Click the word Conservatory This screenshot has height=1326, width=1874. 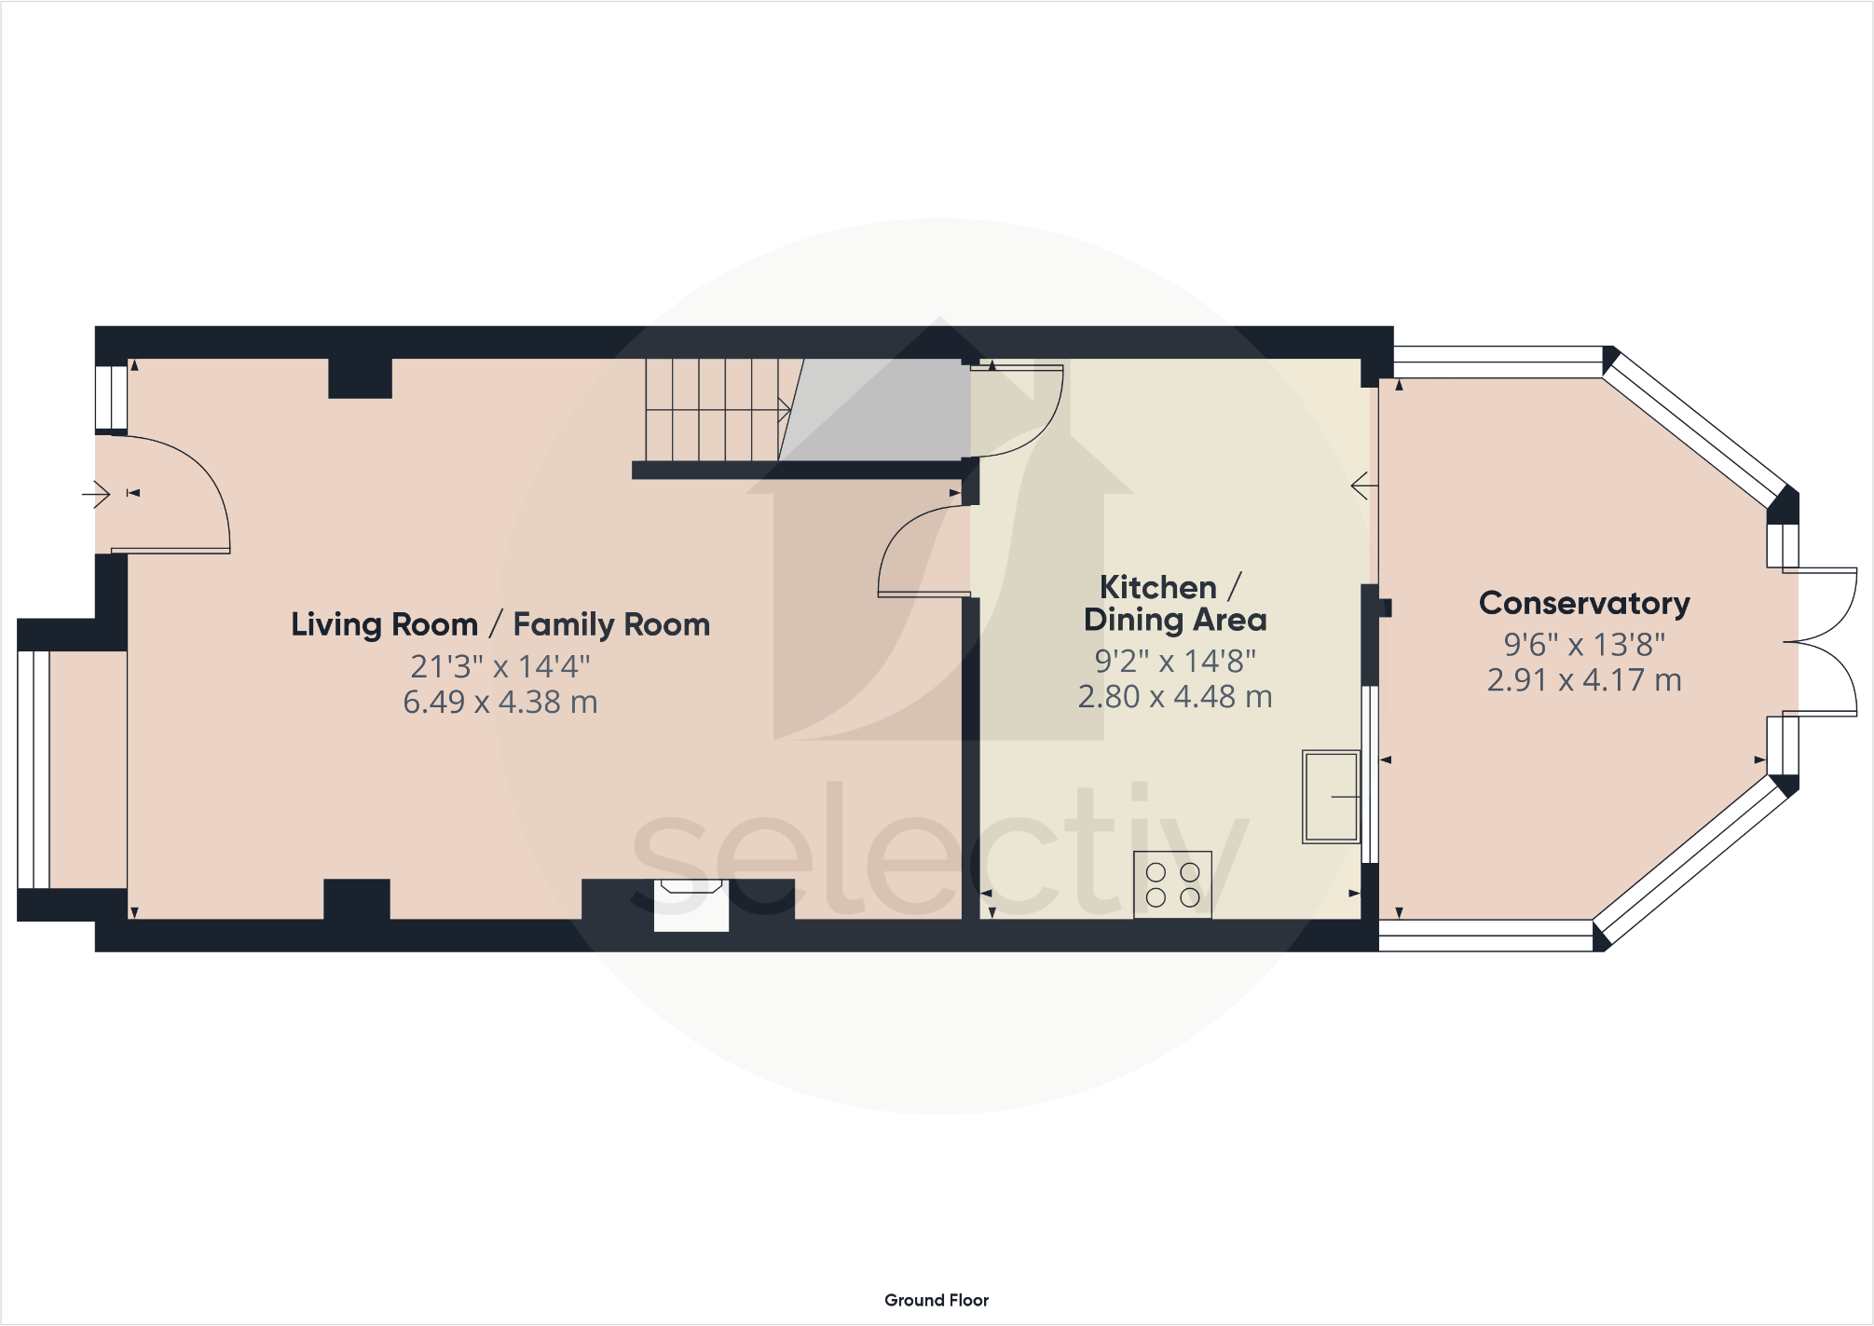pyautogui.click(x=1583, y=604)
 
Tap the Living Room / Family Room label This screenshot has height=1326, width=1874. pyautogui.click(x=500, y=624)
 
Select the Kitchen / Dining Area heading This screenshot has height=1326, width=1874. pyautogui.click(x=1174, y=603)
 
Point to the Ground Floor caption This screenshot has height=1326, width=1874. pyautogui.click(x=936, y=1300)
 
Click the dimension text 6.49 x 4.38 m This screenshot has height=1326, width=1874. pyautogui.click(x=500, y=703)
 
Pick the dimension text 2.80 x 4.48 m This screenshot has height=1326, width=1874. pyautogui.click(x=1174, y=697)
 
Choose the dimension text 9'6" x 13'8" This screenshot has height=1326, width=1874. pyautogui.click(x=1583, y=644)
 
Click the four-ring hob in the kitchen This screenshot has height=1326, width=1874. pyautogui.click(x=1172, y=884)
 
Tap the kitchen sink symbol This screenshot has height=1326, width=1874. pyautogui.click(x=1331, y=797)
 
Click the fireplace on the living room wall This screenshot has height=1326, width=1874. pyautogui.click(x=691, y=904)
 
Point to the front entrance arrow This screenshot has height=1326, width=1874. pyautogui.click(x=96, y=493)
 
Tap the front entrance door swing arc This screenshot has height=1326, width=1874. pyautogui.click(x=191, y=494)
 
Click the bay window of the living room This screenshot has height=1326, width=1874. pyautogui.click(x=34, y=769)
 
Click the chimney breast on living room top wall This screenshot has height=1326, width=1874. pyautogui.click(x=360, y=378)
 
